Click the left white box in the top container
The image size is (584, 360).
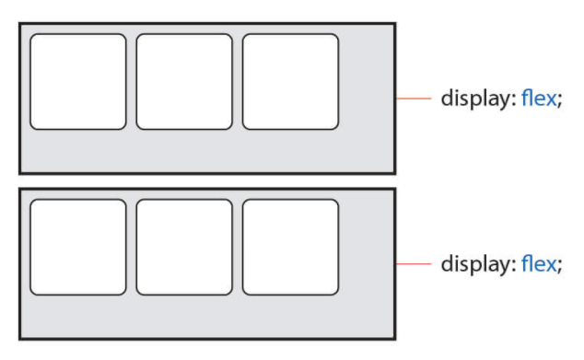pyautogui.click(x=78, y=82)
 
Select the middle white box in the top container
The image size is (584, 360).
pyautogui.click(x=184, y=82)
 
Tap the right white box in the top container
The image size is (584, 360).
pyautogui.click(x=290, y=82)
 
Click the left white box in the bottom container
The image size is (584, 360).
pyautogui.click(x=78, y=247)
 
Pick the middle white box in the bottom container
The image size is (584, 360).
pyautogui.click(x=184, y=247)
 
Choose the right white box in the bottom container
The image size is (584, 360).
pyautogui.click(x=290, y=247)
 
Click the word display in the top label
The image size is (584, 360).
pyautogui.click(x=475, y=99)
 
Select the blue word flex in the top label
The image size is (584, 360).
pyautogui.click(x=539, y=98)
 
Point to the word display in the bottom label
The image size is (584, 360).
pyautogui.click(x=475, y=264)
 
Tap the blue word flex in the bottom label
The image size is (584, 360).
pyautogui.click(x=539, y=263)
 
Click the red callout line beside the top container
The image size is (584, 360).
pyautogui.click(x=414, y=99)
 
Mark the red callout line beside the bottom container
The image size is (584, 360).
pyautogui.click(x=414, y=263)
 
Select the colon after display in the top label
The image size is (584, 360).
pyautogui.click(x=514, y=100)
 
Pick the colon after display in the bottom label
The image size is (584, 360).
pyautogui.click(x=514, y=265)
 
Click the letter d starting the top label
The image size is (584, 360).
pyautogui.click(x=448, y=98)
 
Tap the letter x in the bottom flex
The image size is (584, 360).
pyautogui.click(x=549, y=265)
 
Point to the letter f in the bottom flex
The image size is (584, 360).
pyautogui.click(x=526, y=263)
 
